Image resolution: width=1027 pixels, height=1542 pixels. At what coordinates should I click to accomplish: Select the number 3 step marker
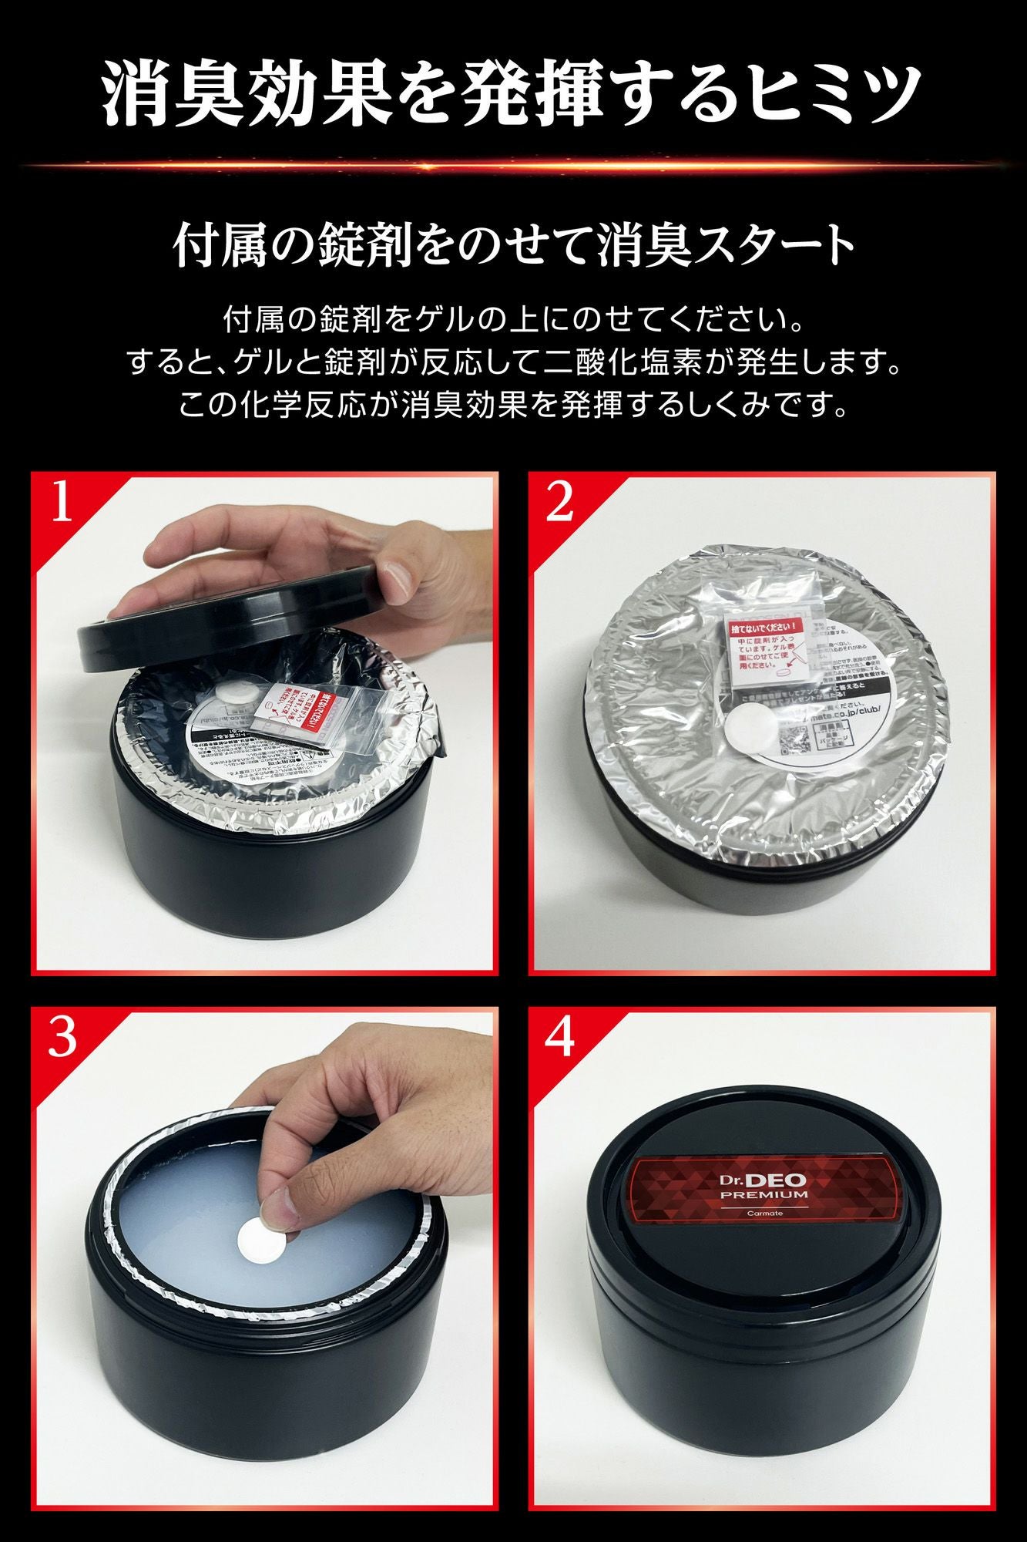coord(62,1038)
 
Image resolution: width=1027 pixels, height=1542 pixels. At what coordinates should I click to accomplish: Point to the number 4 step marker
coord(559,1038)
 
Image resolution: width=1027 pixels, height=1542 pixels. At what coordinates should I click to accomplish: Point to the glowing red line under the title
coord(513,164)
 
